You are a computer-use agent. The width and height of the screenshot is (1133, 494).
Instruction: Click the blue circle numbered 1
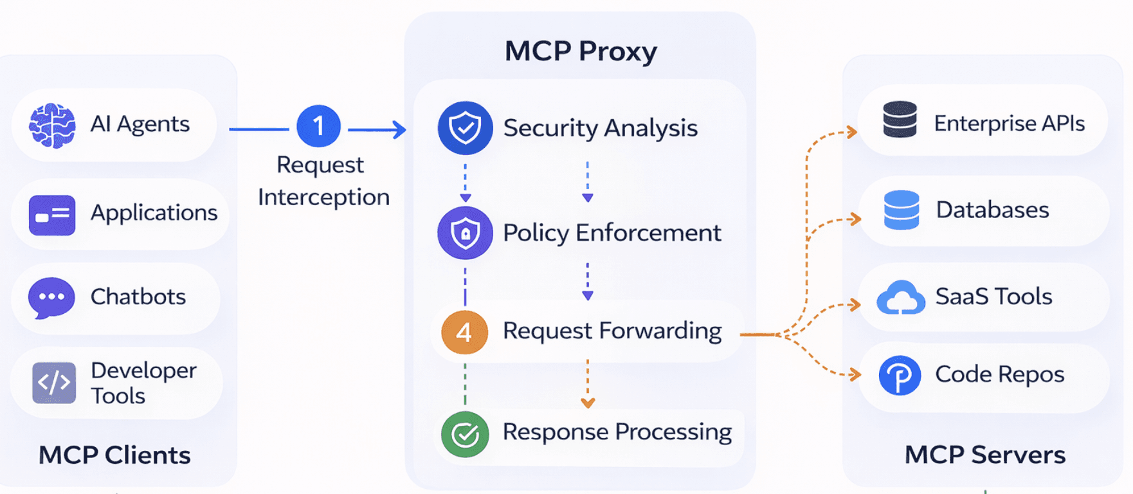[x=318, y=127]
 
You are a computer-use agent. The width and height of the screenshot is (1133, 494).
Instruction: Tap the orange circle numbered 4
[x=464, y=332]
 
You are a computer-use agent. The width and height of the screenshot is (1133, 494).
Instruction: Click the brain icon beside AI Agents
[x=52, y=125]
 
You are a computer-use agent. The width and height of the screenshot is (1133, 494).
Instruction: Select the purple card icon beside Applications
[x=52, y=215]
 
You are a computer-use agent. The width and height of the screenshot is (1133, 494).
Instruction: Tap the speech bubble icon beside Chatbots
[x=51, y=298]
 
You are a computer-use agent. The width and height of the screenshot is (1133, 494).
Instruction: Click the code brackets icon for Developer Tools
[x=54, y=383]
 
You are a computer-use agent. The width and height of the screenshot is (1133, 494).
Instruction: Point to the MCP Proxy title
[x=580, y=51]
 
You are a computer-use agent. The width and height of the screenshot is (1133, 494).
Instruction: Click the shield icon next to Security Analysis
[x=465, y=128]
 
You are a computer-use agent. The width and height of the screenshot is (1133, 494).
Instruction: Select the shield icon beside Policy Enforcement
[x=465, y=233]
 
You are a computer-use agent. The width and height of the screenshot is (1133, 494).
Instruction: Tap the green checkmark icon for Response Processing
[x=465, y=434]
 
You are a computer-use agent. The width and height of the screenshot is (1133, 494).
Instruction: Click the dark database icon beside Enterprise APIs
[x=900, y=120]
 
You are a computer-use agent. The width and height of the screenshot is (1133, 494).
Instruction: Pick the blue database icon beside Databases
[x=902, y=210]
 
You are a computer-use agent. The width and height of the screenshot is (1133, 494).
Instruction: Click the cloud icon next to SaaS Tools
[x=901, y=298]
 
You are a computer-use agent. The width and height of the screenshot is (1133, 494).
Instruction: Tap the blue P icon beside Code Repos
[x=900, y=375]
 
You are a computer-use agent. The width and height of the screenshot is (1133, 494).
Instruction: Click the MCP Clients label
[x=114, y=455]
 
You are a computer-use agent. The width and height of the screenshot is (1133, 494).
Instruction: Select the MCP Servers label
[x=984, y=455]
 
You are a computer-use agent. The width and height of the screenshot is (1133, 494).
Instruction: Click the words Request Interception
[x=323, y=181]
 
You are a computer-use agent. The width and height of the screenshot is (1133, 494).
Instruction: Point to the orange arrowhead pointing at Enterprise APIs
[x=852, y=133]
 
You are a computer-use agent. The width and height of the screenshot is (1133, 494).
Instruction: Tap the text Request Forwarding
[x=612, y=331]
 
